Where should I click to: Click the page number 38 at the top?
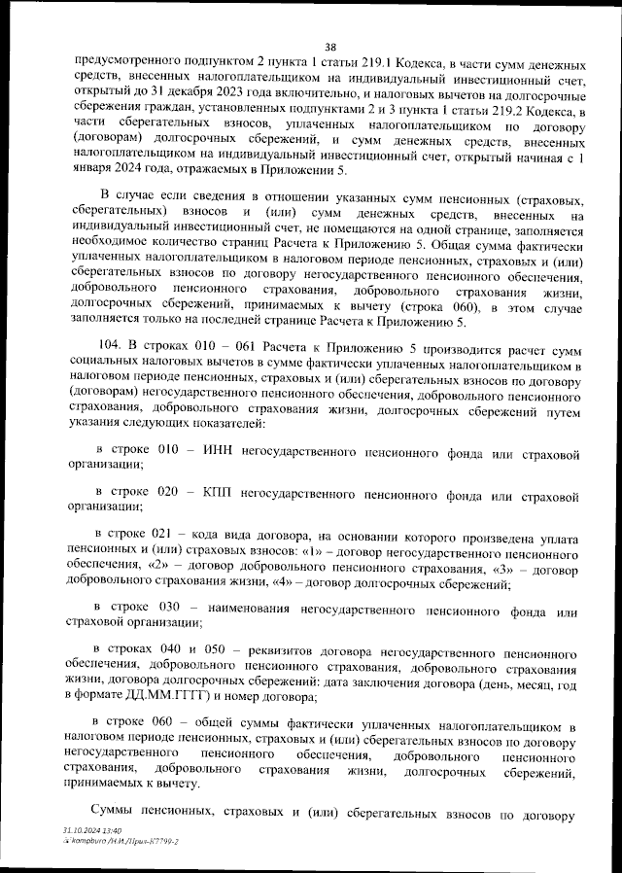coord(330,45)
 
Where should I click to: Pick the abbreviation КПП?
coord(224,495)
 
